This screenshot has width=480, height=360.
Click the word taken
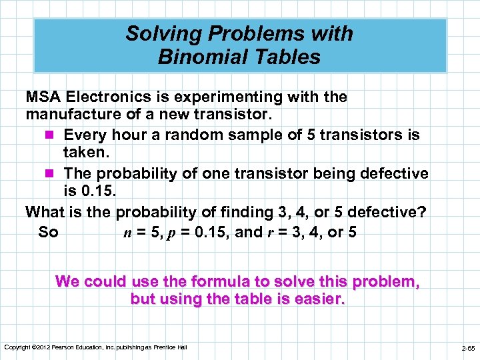pyautogui.click(x=85, y=154)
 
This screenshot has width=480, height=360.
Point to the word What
pyautogui.click(x=44, y=212)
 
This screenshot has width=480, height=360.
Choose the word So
pyautogui.click(x=48, y=232)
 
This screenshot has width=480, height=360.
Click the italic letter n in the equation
pyautogui.click(x=129, y=233)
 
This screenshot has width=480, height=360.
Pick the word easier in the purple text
pyautogui.click(x=315, y=299)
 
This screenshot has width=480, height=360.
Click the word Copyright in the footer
pyautogui.click(x=17, y=347)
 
